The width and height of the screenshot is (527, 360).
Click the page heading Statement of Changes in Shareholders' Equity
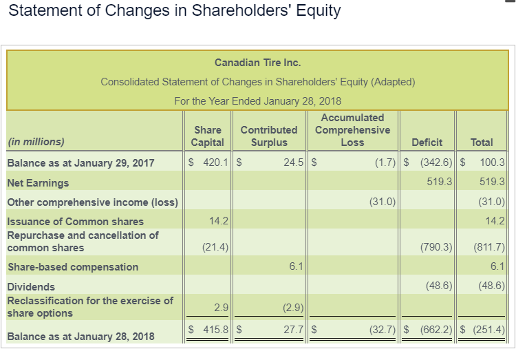click(175, 12)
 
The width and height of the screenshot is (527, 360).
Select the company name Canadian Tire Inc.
click(257, 63)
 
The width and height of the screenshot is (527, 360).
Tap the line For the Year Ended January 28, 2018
click(257, 100)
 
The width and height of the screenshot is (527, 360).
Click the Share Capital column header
click(208, 136)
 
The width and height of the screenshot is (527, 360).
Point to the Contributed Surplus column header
click(268, 136)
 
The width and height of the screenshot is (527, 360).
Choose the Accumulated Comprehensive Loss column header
click(352, 130)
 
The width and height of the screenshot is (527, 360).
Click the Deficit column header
click(427, 142)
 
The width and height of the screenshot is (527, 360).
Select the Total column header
click(482, 142)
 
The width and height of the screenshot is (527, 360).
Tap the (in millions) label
click(35, 142)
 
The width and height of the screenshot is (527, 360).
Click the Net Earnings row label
click(38, 183)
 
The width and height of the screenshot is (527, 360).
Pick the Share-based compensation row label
click(72, 267)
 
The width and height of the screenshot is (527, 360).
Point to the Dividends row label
click(31, 286)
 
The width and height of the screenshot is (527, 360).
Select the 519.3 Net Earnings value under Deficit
click(440, 182)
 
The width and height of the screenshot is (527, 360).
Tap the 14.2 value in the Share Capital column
click(219, 221)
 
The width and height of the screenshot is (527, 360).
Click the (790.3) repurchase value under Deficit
click(435, 247)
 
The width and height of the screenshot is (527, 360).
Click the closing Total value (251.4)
click(489, 330)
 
